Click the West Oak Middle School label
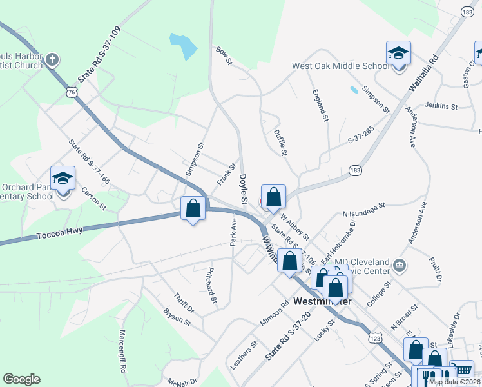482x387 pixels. coord(340,65)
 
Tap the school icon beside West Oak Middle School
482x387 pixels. coord(399,53)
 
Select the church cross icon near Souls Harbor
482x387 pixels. coord(53,61)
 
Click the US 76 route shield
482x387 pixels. coord(72,93)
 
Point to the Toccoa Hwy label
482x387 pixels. coord(59,232)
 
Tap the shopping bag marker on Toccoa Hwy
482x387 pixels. coord(193,208)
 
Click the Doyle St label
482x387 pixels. coord(244,190)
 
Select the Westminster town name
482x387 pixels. coord(322,301)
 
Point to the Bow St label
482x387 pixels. coord(224,56)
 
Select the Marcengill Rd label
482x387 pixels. coord(121,352)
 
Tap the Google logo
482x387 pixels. coord(21,379)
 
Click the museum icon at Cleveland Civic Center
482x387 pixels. coord(400,264)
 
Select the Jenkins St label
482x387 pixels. coord(441,106)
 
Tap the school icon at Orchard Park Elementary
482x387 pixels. coord(63,179)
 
